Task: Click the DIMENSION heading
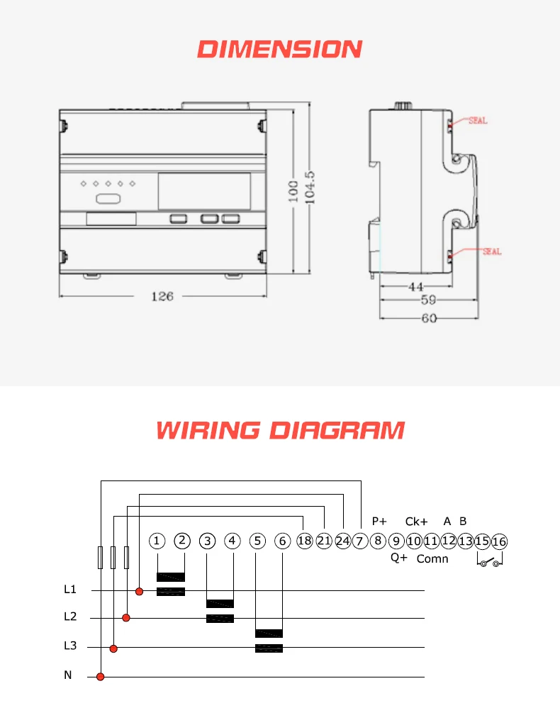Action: point(279,49)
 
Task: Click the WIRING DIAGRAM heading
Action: point(280,430)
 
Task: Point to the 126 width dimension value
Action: point(162,296)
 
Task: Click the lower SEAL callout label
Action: point(492,251)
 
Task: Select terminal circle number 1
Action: point(157,541)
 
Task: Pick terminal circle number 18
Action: point(305,541)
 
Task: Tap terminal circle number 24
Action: point(343,541)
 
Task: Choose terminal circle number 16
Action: point(500,542)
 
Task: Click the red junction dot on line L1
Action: point(140,591)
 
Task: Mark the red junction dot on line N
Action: point(101,677)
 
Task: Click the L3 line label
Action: point(69,646)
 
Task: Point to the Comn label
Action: point(432,559)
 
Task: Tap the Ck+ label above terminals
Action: point(416,522)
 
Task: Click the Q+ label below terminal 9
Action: point(399,558)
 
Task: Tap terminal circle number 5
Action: point(258,541)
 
